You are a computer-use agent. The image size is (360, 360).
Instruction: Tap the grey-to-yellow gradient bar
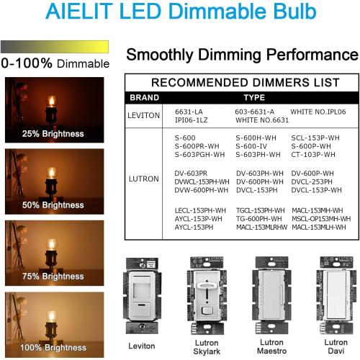(x=55, y=47)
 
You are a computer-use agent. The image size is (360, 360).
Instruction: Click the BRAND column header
(x=145, y=97)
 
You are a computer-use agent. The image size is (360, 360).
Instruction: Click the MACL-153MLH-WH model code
(x=320, y=228)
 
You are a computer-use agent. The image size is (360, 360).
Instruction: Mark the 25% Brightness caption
(x=53, y=133)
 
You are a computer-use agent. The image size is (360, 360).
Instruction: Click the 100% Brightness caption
(x=53, y=347)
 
